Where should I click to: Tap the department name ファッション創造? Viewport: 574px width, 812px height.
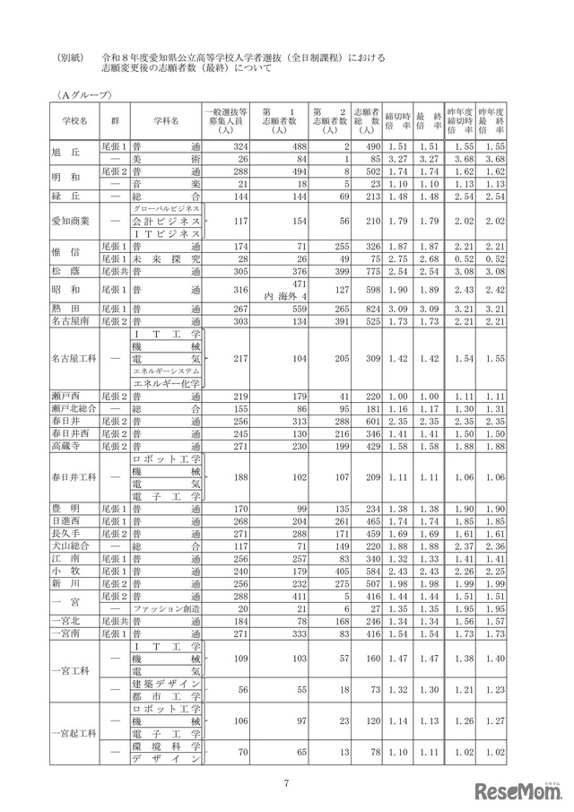point(165,607)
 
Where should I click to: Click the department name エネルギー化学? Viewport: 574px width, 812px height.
point(165,383)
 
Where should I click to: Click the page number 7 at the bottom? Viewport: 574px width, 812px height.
point(286,783)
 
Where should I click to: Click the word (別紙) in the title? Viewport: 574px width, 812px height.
point(68,57)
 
